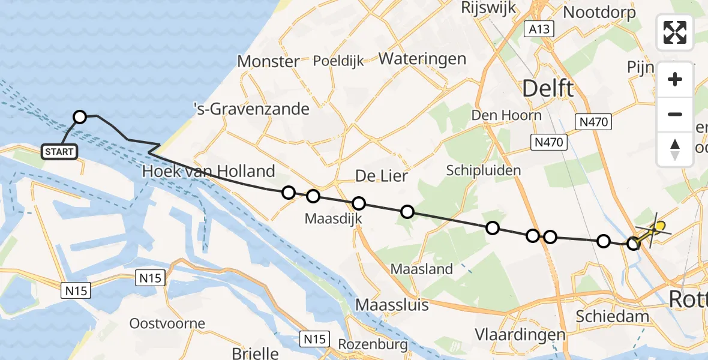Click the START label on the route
pyautogui.click(x=59, y=152)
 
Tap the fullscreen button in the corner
pyautogui.click(x=675, y=32)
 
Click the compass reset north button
pyautogui.click(x=675, y=149)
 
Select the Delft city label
pyautogui.click(x=548, y=88)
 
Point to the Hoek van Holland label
pyautogui.click(x=208, y=172)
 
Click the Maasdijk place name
pyautogui.click(x=334, y=218)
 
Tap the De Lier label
pyautogui.click(x=382, y=176)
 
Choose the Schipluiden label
pyautogui.click(x=484, y=170)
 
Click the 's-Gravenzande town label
pyautogui.click(x=251, y=109)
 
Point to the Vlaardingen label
pyautogui.click(x=520, y=334)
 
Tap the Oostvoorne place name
pyautogui.click(x=167, y=323)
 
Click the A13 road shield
pyautogui.click(x=538, y=29)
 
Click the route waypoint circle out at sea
pyautogui.click(x=80, y=117)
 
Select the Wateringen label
pyautogui.click(x=422, y=59)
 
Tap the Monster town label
pyautogui.click(x=268, y=61)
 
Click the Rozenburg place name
pyautogui.click(x=373, y=344)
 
